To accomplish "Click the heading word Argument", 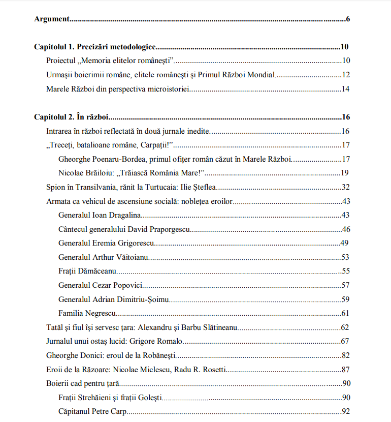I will pyautogui.click(x=52, y=19).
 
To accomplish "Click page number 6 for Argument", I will pyautogui.click(x=348, y=19).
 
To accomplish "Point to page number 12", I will pyautogui.click(x=346, y=75).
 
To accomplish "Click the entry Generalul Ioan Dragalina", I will pyautogui.click(x=100, y=215).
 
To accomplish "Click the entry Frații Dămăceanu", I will pyautogui.click(x=88, y=271).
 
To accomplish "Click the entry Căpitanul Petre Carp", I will pyautogui.click(x=92, y=411).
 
